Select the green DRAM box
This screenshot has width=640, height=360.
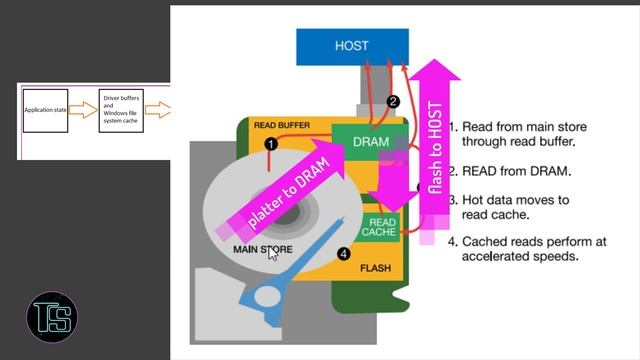coord(371,142)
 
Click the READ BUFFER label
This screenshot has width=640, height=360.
coord(281,126)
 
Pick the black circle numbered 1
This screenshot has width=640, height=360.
coord(270,144)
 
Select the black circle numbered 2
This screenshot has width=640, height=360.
coord(393,101)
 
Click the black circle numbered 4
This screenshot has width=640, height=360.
coord(344,254)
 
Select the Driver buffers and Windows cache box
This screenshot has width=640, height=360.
coord(125,109)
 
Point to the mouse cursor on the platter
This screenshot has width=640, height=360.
coord(273,254)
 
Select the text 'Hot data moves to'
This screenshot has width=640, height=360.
coord(515,200)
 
